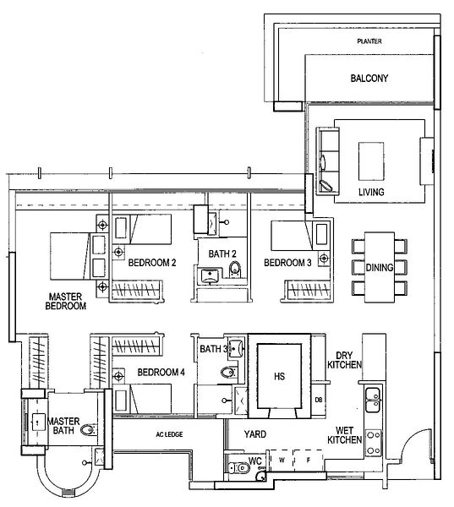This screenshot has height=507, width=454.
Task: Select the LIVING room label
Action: pos(370,193)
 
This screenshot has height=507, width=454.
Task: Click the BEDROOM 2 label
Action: pos(152,263)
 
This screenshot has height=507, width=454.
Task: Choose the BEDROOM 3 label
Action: pos(287,263)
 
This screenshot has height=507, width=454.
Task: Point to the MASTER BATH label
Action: pos(63,426)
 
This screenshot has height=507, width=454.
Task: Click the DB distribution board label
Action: pos(318,400)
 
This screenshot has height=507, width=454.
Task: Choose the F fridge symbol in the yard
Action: pos(309,461)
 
